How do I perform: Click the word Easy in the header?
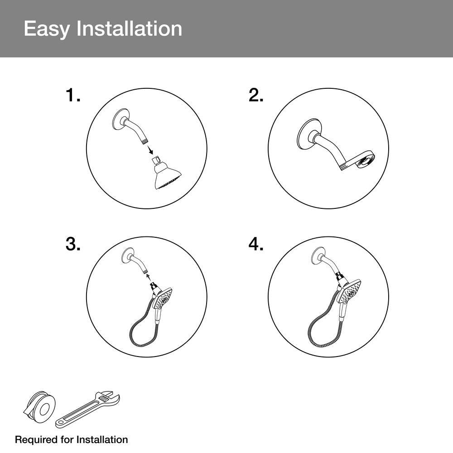click(47, 29)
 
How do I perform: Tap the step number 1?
click(73, 95)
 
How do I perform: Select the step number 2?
click(255, 95)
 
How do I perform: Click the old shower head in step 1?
click(166, 173)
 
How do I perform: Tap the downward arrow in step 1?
click(150, 150)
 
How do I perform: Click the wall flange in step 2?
click(308, 136)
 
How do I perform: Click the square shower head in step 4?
click(351, 292)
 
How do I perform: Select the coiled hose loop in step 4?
click(323, 323)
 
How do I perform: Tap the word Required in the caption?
click(36, 440)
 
